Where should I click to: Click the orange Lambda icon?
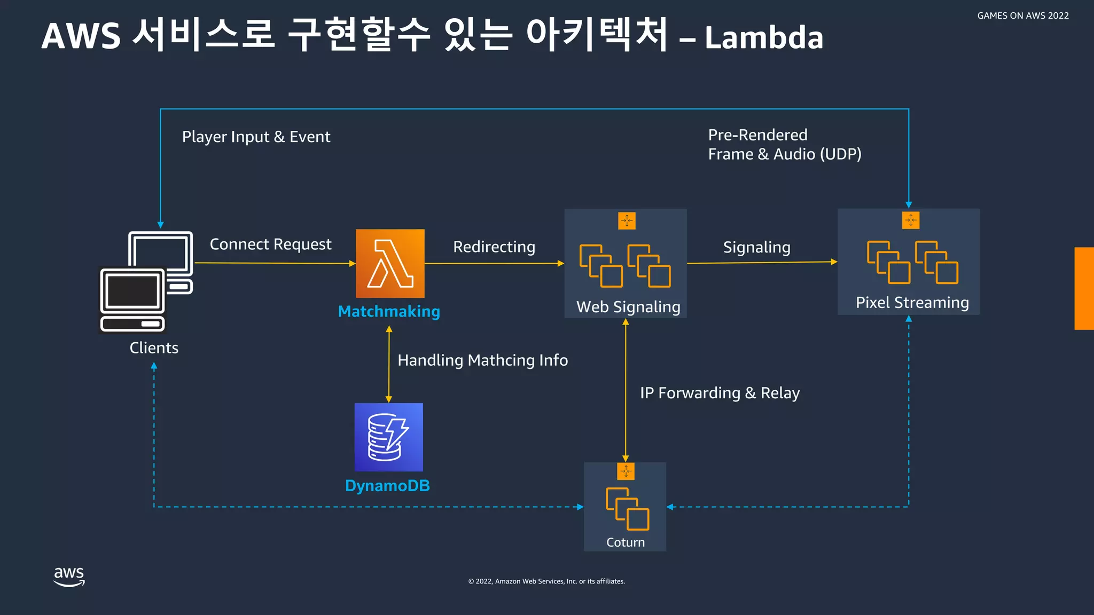click(x=390, y=263)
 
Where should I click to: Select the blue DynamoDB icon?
click(x=388, y=437)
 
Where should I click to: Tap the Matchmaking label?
click(x=389, y=311)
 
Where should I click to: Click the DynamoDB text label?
click(x=387, y=486)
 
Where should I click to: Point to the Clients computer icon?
click(x=146, y=281)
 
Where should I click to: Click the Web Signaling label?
click(x=628, y=307)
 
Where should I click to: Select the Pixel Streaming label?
click(x=912, y=303)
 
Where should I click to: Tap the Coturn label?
click(x=626, y=542)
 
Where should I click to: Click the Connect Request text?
click(x=270, y=245)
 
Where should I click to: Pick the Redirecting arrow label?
click(x=494, y=247)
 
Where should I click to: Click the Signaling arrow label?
click(x=756, y=248)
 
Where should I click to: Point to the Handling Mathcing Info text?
click(x=482, y=360)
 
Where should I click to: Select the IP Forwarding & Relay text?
click(x=720, y=393)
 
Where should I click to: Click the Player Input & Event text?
click(x=256, y=137)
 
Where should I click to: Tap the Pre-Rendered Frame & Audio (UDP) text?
click(x=784, y=145)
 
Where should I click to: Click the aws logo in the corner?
click(x=69, y=577)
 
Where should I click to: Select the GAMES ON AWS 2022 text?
click(x=1022, y=16)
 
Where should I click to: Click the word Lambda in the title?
click(x=764, y=38)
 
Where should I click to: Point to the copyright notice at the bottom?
click(x=546, y=581)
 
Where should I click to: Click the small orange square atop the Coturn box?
click(x=626, y=471)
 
